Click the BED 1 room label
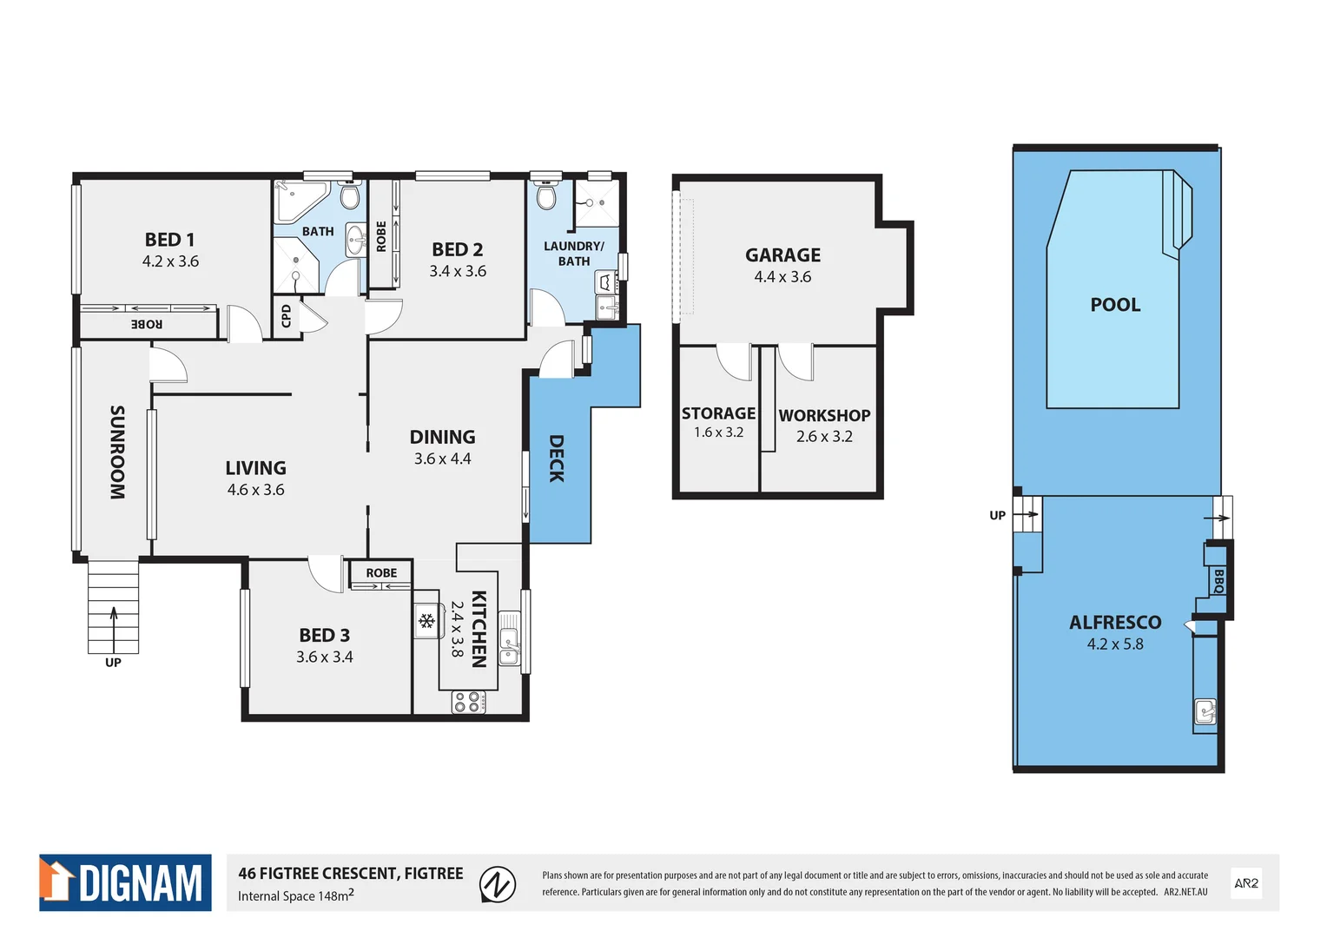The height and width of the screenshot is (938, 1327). pos(169,240)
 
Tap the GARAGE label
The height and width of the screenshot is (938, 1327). pos(782,255)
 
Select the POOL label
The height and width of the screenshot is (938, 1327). pos(1115,305)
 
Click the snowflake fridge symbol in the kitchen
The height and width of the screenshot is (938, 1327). pos(426,620)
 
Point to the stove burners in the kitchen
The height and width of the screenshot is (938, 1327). pos(468,702)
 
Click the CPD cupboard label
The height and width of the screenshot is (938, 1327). pos(287,316)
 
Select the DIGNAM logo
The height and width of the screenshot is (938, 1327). pos(125,882)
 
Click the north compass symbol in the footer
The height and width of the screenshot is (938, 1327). pos(498,885)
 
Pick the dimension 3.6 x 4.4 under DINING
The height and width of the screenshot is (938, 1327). pos(442,459)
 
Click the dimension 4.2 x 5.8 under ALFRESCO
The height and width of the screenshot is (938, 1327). pos(1115,644)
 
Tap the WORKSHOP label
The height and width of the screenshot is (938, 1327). pos(824,416)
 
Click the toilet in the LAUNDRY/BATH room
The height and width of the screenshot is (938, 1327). pos(546,198)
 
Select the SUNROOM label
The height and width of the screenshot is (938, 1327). pos(117,452)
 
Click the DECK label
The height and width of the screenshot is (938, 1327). pos(557,459)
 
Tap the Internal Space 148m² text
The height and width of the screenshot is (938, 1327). pos(295,896)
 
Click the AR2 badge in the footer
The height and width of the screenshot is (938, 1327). pos(1246,883)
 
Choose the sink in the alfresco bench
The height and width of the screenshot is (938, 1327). pos(1205,712)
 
